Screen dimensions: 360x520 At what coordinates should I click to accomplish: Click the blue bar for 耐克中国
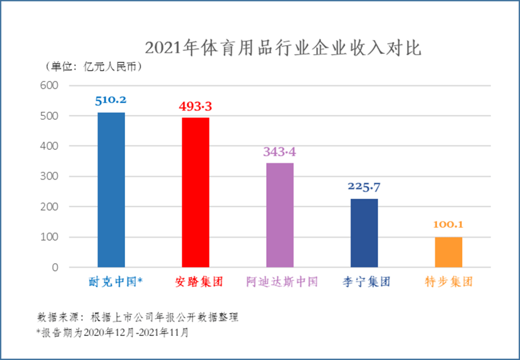coord(111,190)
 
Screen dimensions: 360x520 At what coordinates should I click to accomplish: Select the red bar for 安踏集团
coord(195,192)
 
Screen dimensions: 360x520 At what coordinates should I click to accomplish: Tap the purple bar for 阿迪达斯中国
coord(280,215)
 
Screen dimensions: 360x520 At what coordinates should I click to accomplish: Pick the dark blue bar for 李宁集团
coord(364,233)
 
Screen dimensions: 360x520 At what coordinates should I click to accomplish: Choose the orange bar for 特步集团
coord(448,252)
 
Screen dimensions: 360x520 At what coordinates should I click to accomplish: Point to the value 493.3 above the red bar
coord(195,106)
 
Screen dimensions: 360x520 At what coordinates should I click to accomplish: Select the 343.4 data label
coord(280,152)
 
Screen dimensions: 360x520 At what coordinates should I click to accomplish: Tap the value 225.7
coord(364,187)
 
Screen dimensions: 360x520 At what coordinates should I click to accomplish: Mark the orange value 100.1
coord(448,225)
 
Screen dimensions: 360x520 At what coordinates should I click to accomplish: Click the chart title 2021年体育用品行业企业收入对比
coord(283,48)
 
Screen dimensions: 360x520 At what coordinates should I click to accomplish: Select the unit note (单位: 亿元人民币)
coord(93,67)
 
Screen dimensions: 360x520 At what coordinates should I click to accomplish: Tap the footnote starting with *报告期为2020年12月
coord(112,332)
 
